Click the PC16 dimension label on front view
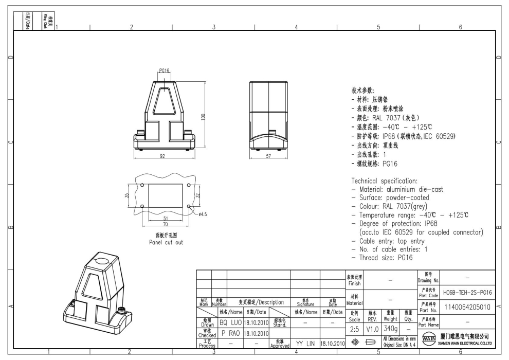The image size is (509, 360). tap(164, 70)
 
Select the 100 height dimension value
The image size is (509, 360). tap(204, 116)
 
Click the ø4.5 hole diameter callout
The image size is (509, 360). tap(202, 214)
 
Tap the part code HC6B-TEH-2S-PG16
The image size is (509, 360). tap(467, 292)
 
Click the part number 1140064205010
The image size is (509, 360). tap(467, 307)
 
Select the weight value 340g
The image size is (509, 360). tap(390, 328)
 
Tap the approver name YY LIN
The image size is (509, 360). tap(305, 343)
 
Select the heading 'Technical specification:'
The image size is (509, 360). tap(384, 181)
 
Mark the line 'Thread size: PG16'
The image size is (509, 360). tap(382, 258)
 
